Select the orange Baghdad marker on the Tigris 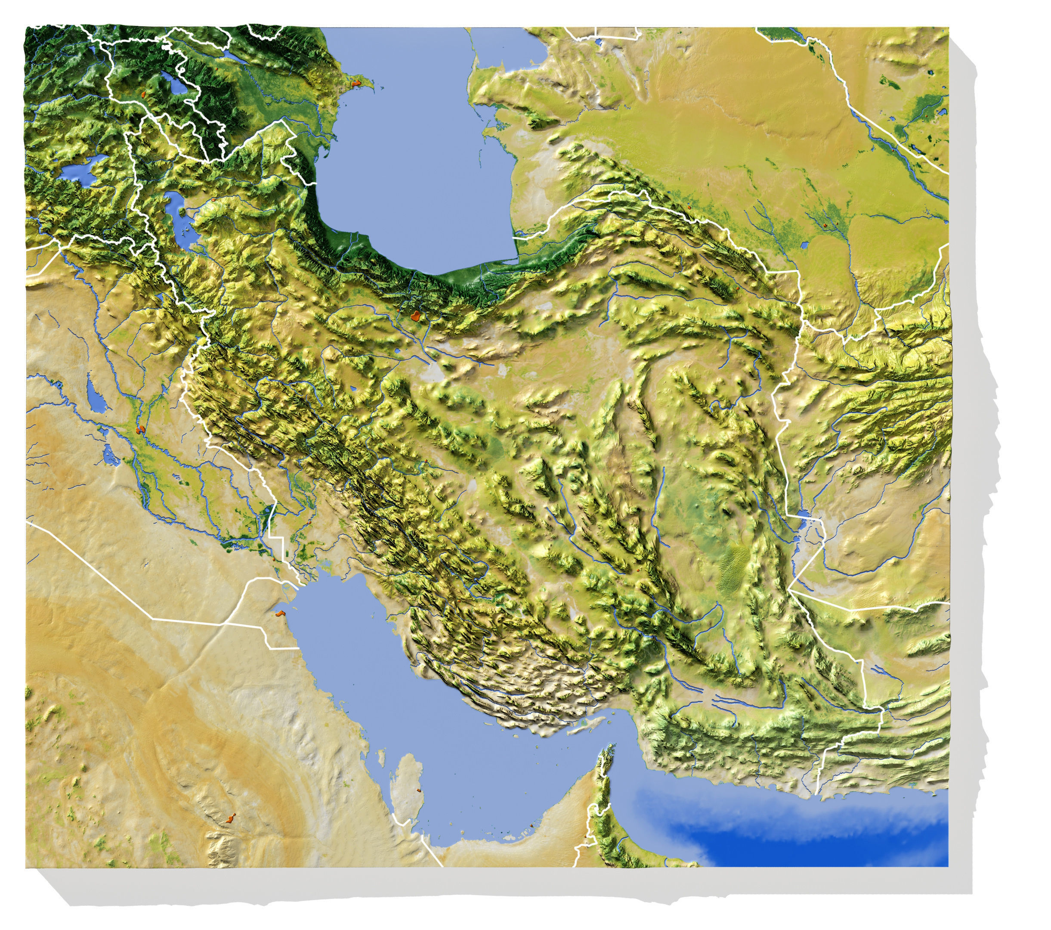pyautogui.click(x=139, y=428)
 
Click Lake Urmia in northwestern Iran pyautogui.click(x=177, y=211)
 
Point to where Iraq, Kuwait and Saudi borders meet pyautogui.click(x=224, y=624)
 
